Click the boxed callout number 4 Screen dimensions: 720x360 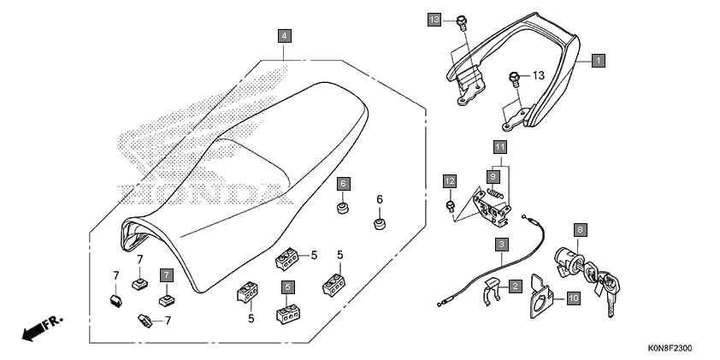click(x=285, y=35)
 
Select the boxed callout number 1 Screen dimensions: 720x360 click(x=598, y=61)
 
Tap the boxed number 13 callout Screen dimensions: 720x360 click(x=434, y=20)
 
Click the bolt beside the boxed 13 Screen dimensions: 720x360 click(x=462, y=23)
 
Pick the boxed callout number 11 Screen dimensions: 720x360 click(x=500, y=147)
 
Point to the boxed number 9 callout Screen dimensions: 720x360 click(x=493, y=176)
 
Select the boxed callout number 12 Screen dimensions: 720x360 click(x=450, y=181)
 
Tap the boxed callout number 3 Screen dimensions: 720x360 click(x=501, y=245)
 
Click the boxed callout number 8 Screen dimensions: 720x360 click(x=580, y=229)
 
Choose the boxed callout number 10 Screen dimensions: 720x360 click(x=573, y=298)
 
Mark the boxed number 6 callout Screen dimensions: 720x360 click(x=343, y=184)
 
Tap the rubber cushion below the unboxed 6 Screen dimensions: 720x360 click(x=380, y=225)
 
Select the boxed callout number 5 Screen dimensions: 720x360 click(x=288, y=287)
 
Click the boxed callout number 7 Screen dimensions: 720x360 click(x=166, y=275)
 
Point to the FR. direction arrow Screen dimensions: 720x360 click(x=42, y=328)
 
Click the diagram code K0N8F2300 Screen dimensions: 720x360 click(x=670, y=349)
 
